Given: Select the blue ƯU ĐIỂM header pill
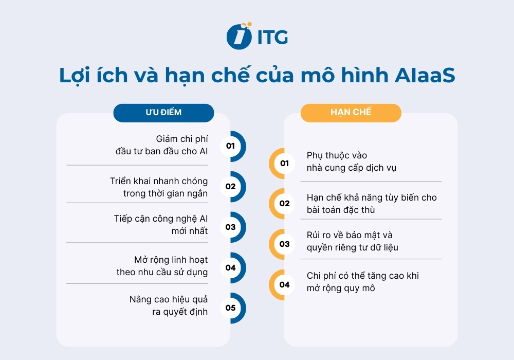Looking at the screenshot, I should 163,112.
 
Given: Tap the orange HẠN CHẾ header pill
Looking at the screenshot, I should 351,112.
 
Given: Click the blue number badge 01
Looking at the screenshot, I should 230,146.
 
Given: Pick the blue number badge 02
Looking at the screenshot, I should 230,187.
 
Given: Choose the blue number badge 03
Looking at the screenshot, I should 230,227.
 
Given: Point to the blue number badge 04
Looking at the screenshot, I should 230,267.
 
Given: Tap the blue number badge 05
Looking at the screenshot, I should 230,308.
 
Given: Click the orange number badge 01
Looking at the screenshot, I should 285,164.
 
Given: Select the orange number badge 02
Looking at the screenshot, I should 285,204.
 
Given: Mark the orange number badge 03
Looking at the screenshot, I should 285,244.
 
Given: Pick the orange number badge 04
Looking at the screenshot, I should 285,285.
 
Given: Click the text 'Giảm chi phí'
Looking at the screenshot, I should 182,139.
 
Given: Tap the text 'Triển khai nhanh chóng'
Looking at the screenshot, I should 159,181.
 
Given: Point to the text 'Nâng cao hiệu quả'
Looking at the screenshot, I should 169,299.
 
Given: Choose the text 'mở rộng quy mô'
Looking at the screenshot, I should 341,289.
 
